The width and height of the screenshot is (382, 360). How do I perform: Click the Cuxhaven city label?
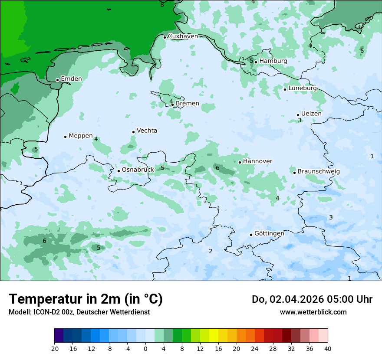(183, 36)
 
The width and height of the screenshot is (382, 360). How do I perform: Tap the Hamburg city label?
(273, 61)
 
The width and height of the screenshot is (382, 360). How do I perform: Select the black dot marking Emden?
(57, 80)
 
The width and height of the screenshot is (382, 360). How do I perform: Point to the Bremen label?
(188, 104)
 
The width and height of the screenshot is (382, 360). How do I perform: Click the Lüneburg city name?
(303, 88)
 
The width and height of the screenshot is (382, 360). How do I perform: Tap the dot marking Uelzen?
(298, 115)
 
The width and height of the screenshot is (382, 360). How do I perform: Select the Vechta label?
(147, 131)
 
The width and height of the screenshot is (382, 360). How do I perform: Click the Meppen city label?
(81, 136)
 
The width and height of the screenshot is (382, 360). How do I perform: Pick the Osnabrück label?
(138, 170)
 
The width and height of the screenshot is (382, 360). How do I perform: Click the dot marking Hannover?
(240, 162)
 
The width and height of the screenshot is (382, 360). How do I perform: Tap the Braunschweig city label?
(319, 172)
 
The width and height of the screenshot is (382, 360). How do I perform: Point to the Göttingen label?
(269, 234)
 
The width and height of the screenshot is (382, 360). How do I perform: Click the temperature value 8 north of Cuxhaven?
(162, 5)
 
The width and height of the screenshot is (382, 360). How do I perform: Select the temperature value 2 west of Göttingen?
(211, 251)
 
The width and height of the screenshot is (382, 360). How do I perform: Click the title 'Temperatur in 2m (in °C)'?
(86, 299)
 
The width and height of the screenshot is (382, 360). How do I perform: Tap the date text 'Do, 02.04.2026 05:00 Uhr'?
(312, 299)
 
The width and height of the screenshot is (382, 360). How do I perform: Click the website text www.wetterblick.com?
(313, 312)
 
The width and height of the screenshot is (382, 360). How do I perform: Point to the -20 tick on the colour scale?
(54, 348)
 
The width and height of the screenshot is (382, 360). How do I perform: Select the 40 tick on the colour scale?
(328, 348)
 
